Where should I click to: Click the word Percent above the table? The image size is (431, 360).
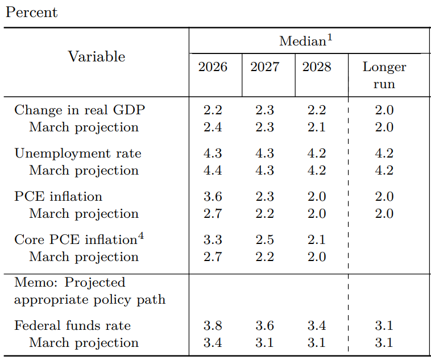[x=32, y=13]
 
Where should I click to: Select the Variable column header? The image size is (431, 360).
[x=97, y=57]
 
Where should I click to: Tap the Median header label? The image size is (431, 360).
[x=306, y=41]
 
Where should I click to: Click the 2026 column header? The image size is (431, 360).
[x=213, y=67]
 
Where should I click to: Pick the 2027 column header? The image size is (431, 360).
[x=265, y=67]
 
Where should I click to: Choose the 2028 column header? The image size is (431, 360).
[x=317, y=67]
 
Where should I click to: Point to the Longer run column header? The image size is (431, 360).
[x=384, y=75]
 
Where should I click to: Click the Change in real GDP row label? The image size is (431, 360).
[x=80, y=110]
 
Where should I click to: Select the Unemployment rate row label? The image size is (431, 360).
[x=78, y=153]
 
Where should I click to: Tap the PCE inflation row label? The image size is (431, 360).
[x=58, y=196]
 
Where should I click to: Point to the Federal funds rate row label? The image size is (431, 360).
[x=73, y=326]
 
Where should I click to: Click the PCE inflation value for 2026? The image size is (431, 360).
[x=213, y=196]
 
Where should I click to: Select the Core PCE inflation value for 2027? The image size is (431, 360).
[x=265, y=239]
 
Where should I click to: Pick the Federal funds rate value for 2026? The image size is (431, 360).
[x=213, y=326]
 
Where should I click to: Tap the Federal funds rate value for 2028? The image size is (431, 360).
[x=317, y=326]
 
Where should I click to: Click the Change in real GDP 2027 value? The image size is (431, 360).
[x=265, y=110]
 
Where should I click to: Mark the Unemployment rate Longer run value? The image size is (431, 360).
[x=384, y=153]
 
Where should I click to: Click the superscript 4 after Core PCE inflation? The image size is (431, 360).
[x=141, y=236]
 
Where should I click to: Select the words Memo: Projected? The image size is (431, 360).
[x=70, y=283]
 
